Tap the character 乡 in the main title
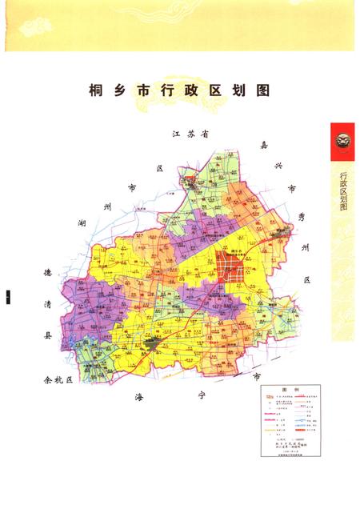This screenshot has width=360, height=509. click(x=120, y=90)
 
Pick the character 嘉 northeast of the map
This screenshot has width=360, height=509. click(x=263, y=145)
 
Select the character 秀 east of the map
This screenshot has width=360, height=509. click(x=302, y=217)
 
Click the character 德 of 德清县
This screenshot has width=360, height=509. click(x=47, y=275)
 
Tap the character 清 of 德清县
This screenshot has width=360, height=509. click(x=47, y=305)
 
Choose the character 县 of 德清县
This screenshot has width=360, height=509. click(x=47, y=337)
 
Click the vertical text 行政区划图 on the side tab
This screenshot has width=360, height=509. click(x=343, y=189)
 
